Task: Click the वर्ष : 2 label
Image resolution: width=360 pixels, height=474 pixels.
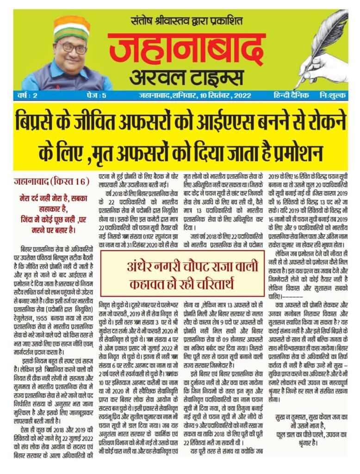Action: click(27, 96)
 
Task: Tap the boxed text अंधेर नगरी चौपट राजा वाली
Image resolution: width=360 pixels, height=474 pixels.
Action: click(182, 267)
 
